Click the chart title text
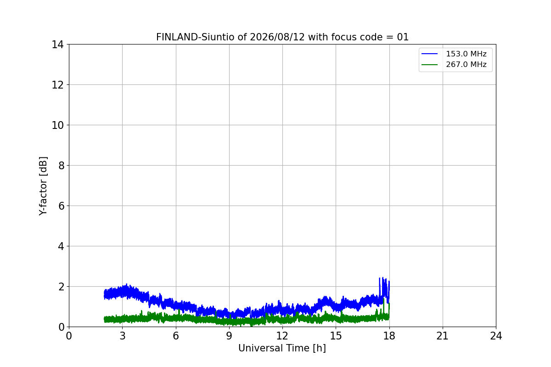coord(282,37)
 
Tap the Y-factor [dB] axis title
coord(43,186)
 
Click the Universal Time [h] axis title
coord(282,348)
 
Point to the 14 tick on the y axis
coord(57,45)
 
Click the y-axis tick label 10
coord(57,125)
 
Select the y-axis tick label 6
coord(61,206)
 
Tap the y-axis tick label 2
coord(61,287)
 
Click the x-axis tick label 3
coord(123,336)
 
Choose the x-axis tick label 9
coord(229,336)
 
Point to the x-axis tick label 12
coord(282,336)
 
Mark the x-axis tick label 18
coord(389,336)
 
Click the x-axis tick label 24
coord(496,336)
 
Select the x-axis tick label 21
coord(443,336)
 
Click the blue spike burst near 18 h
coord(384,290)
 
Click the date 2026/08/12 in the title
coord(277,37)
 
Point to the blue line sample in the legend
coord(429,54)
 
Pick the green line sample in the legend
coord(429,65)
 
